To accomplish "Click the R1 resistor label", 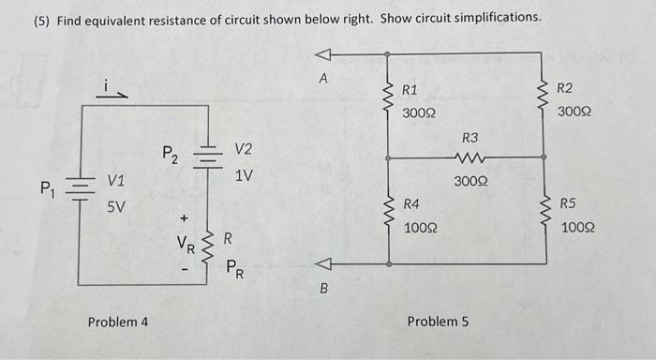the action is [410, 91].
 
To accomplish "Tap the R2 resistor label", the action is [564, 89].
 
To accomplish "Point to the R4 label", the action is [411, 203].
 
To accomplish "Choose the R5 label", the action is [569, 203].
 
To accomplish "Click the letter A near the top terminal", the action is [322, 80].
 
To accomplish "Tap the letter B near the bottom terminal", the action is [324, 289].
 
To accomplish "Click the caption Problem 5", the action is [438, 322].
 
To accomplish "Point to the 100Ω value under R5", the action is [577, 227].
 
